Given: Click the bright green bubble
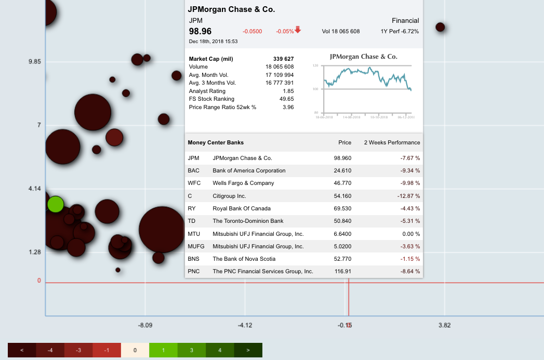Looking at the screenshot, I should point(55,204).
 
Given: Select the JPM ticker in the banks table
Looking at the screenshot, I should point(193,158).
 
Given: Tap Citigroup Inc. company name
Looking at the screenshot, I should point(229,196).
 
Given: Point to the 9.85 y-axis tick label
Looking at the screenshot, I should point(35,62).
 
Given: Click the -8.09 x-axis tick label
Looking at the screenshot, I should point(145,326).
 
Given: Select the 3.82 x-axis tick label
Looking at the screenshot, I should point(444,326).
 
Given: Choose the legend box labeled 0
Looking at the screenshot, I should point(135,350).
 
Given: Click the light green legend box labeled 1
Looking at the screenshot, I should point(163,350).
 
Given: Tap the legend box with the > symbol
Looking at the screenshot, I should point(248,350).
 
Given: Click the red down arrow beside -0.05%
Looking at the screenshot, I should point(298,30).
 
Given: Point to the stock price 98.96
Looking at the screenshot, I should point(200,31).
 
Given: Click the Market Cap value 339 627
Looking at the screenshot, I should point(283,59).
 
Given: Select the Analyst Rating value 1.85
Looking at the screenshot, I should point(288,91).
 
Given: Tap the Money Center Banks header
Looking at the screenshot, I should point(216,142).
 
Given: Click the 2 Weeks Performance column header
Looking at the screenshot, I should point(392,142).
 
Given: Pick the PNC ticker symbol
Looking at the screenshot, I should point(194,271).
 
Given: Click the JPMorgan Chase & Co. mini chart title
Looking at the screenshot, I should point(363,57).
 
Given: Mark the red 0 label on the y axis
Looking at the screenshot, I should point(38,281).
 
